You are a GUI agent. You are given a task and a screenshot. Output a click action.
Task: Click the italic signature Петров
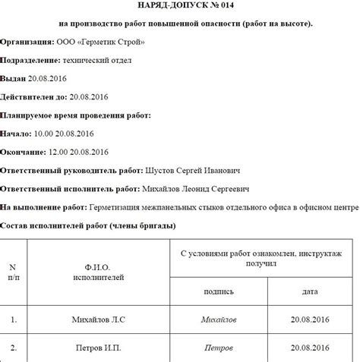219,348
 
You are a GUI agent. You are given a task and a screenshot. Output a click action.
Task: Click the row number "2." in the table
13,348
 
